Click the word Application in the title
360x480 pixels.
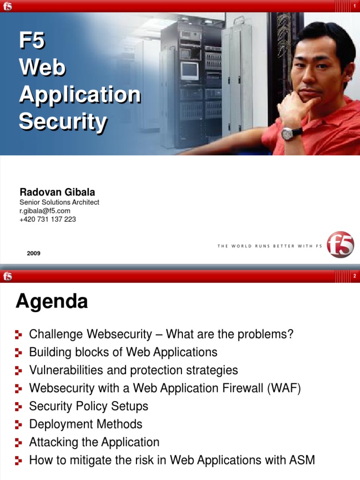click(80, 95)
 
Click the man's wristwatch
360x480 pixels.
click(288, 134)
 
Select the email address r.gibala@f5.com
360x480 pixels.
click(45, 211)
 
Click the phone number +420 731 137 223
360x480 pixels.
click(48, 219)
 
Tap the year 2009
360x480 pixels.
click(34, 253)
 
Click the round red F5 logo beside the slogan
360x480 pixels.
click(340, 244)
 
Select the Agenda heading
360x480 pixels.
click(52, 301)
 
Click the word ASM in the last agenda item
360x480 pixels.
click(302, 460)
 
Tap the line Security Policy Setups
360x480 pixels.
click(89, 406)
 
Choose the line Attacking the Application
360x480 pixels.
click(94, 442)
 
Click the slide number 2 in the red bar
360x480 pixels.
click(355, 277)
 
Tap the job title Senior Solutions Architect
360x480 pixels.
click(60, 202)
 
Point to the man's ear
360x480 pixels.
click(347, 71)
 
